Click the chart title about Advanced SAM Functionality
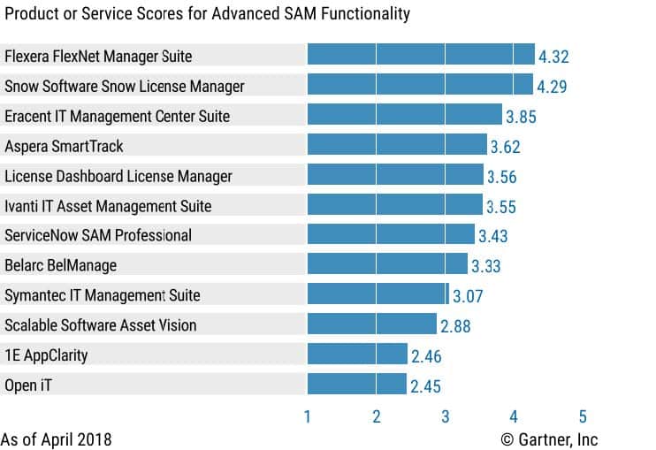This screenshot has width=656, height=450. pyautogui.click(x=205, y=14)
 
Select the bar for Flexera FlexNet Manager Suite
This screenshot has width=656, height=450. pyautogui.click(x=421, y=56)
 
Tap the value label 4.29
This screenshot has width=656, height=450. pyautogui.click(x=551, y=87)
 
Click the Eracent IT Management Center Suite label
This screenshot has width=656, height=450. pyautogui.click(x=117, y=116)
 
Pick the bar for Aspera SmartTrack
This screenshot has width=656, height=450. pyautogui.click(x=397, y=146)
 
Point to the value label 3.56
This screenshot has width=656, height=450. pyautogui.click(x=501, y=176)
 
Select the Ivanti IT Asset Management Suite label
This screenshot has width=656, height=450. pyautogui.click(x=108, y=206)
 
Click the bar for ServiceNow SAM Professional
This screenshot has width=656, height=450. pyautogui.click(x=391, y=235)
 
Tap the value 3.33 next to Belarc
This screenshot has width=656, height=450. pyautogui.click(x=487, y=265)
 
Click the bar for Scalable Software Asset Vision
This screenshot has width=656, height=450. pyautogui.click(x=371, y=324)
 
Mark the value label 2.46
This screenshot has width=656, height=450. pyautogui.click(x=426, y=355)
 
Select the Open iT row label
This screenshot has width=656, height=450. pyautogui.click(x=29, y=385)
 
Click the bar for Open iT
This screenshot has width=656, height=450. pyautogui.click(x=357, y=385)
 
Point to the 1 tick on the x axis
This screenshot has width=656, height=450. pyautogui.click(x=308, y=416)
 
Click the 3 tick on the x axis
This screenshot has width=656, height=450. pyautogui.click(x=445, y=416)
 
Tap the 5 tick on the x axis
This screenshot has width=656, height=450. pyautogui.click(x=583, y=416)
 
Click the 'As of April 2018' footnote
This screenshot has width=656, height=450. pyautogui.click(x=57, y=439)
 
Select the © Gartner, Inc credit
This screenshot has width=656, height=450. pyautogui.click(x=549, y=439)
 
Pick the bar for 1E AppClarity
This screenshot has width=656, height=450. pyautogui.click(x=357, y=355)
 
